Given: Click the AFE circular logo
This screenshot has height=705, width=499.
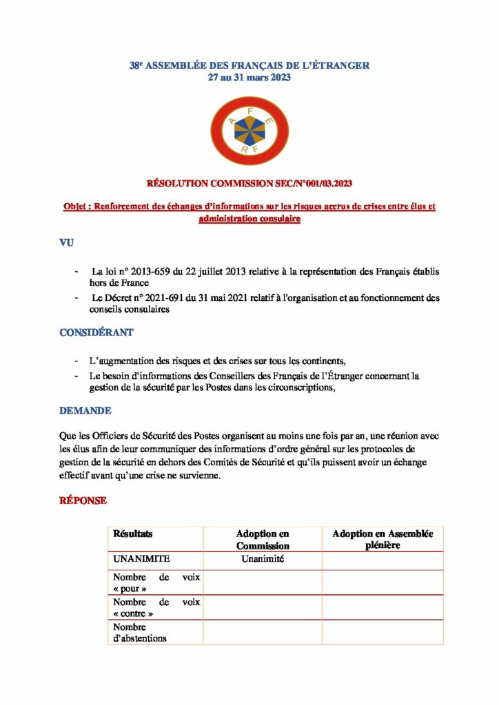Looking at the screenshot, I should (x=249, y=131).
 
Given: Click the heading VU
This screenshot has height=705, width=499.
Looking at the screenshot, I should (x=66, y=243).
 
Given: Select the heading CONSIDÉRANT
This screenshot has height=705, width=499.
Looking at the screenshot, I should (x=96, y=333).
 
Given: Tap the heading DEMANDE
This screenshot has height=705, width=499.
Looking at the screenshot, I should (x=85, y=410).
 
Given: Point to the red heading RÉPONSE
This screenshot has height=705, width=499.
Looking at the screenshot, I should (x=83, y=501).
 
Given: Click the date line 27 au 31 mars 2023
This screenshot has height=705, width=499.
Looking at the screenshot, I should (x=250, y=77).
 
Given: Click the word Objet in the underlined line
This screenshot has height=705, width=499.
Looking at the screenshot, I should (x=77, y=207).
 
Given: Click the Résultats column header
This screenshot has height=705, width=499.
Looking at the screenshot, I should (x=133, y=534).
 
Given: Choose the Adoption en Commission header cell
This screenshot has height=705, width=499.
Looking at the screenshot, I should (x=263, y=539).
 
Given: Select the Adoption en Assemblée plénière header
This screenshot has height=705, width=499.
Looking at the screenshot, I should (x=383, y=539).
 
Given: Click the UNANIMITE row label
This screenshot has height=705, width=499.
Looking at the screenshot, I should (x=142, y=559).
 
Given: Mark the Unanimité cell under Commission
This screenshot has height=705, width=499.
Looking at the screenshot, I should (x=263, y=559).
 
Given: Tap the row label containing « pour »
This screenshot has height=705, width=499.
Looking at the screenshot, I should (x=156, y=583).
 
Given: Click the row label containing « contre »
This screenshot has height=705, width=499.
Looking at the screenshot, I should (x=156, y=607).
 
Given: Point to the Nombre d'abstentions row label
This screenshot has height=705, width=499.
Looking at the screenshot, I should (x=140, y=632).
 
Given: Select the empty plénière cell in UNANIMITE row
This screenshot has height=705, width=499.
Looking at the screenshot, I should (x=383, y=560).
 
